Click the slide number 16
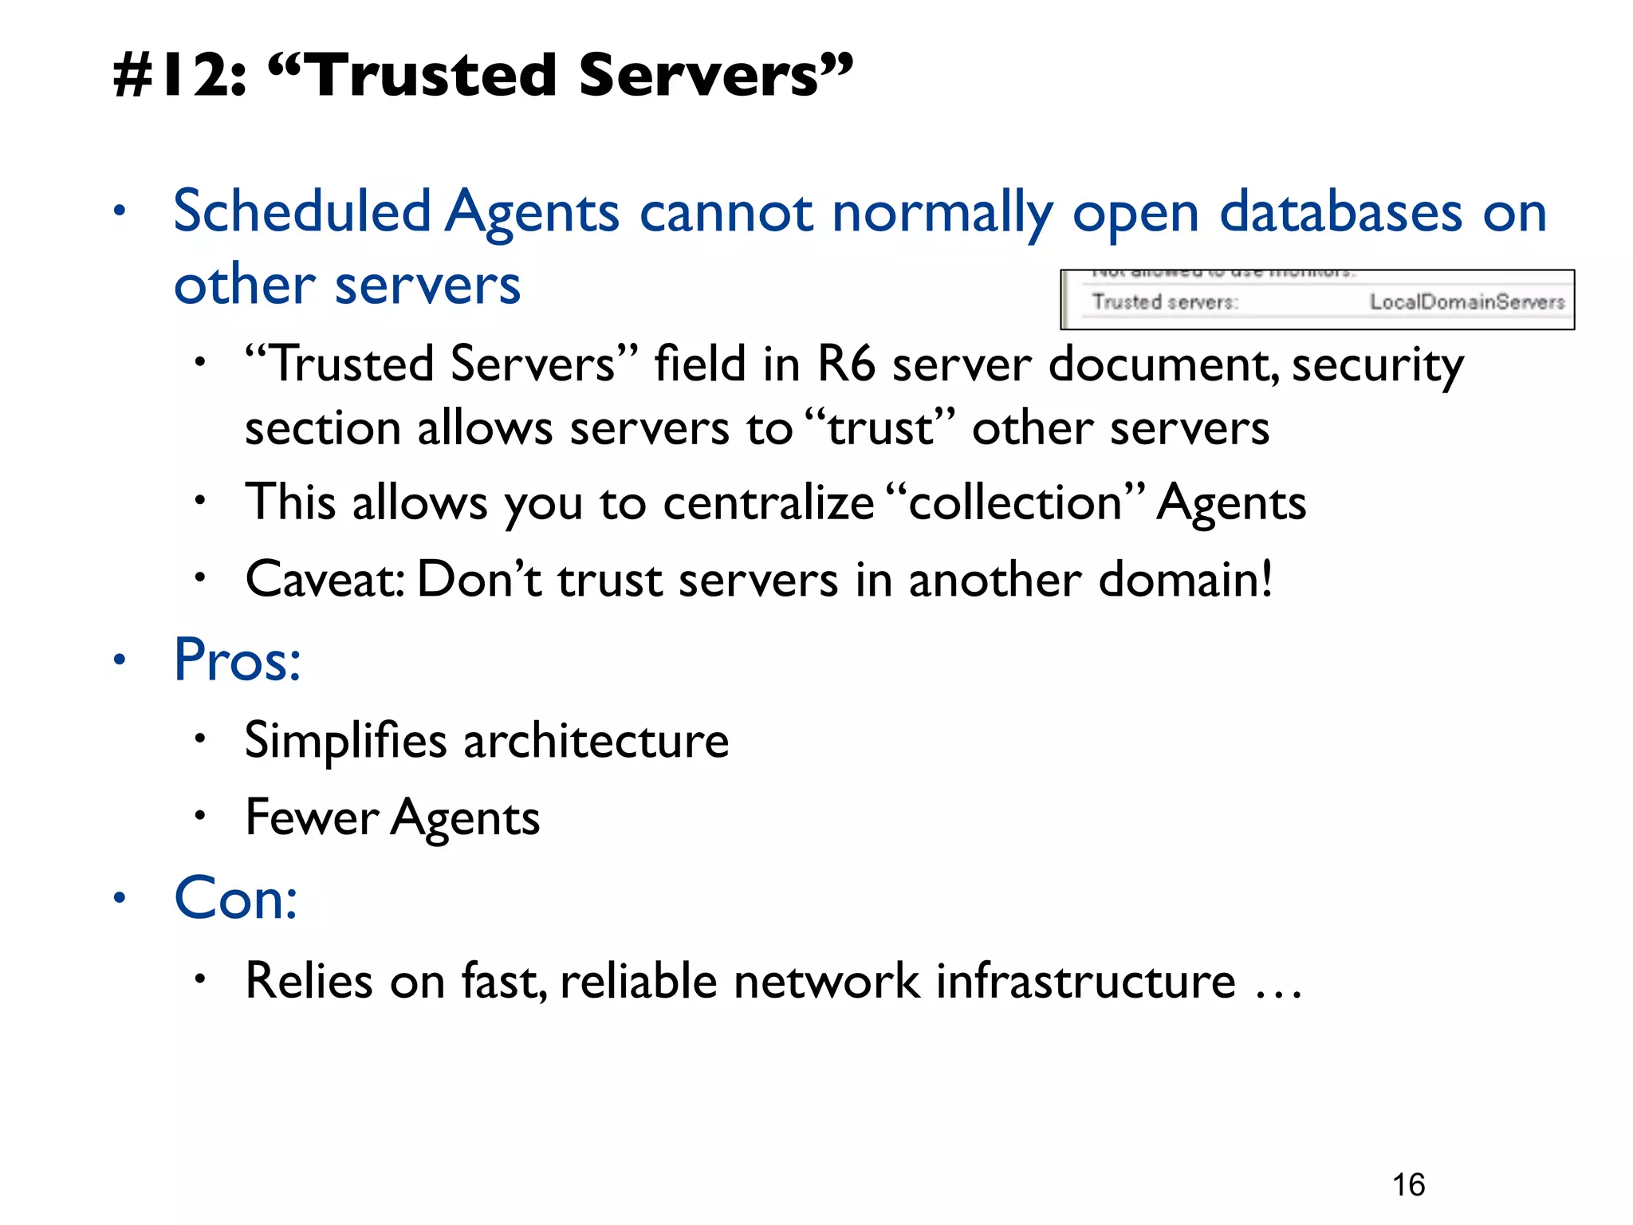1408,1185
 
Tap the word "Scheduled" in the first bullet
302,212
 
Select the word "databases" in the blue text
1340,212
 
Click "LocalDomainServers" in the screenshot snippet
1467,301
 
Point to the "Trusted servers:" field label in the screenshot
1164,301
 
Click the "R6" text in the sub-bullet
846,364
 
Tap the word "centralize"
769,503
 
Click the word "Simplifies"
345,740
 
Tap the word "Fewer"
312,817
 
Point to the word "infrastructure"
1085,980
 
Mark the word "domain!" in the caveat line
1185,579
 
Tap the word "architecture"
596,740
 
